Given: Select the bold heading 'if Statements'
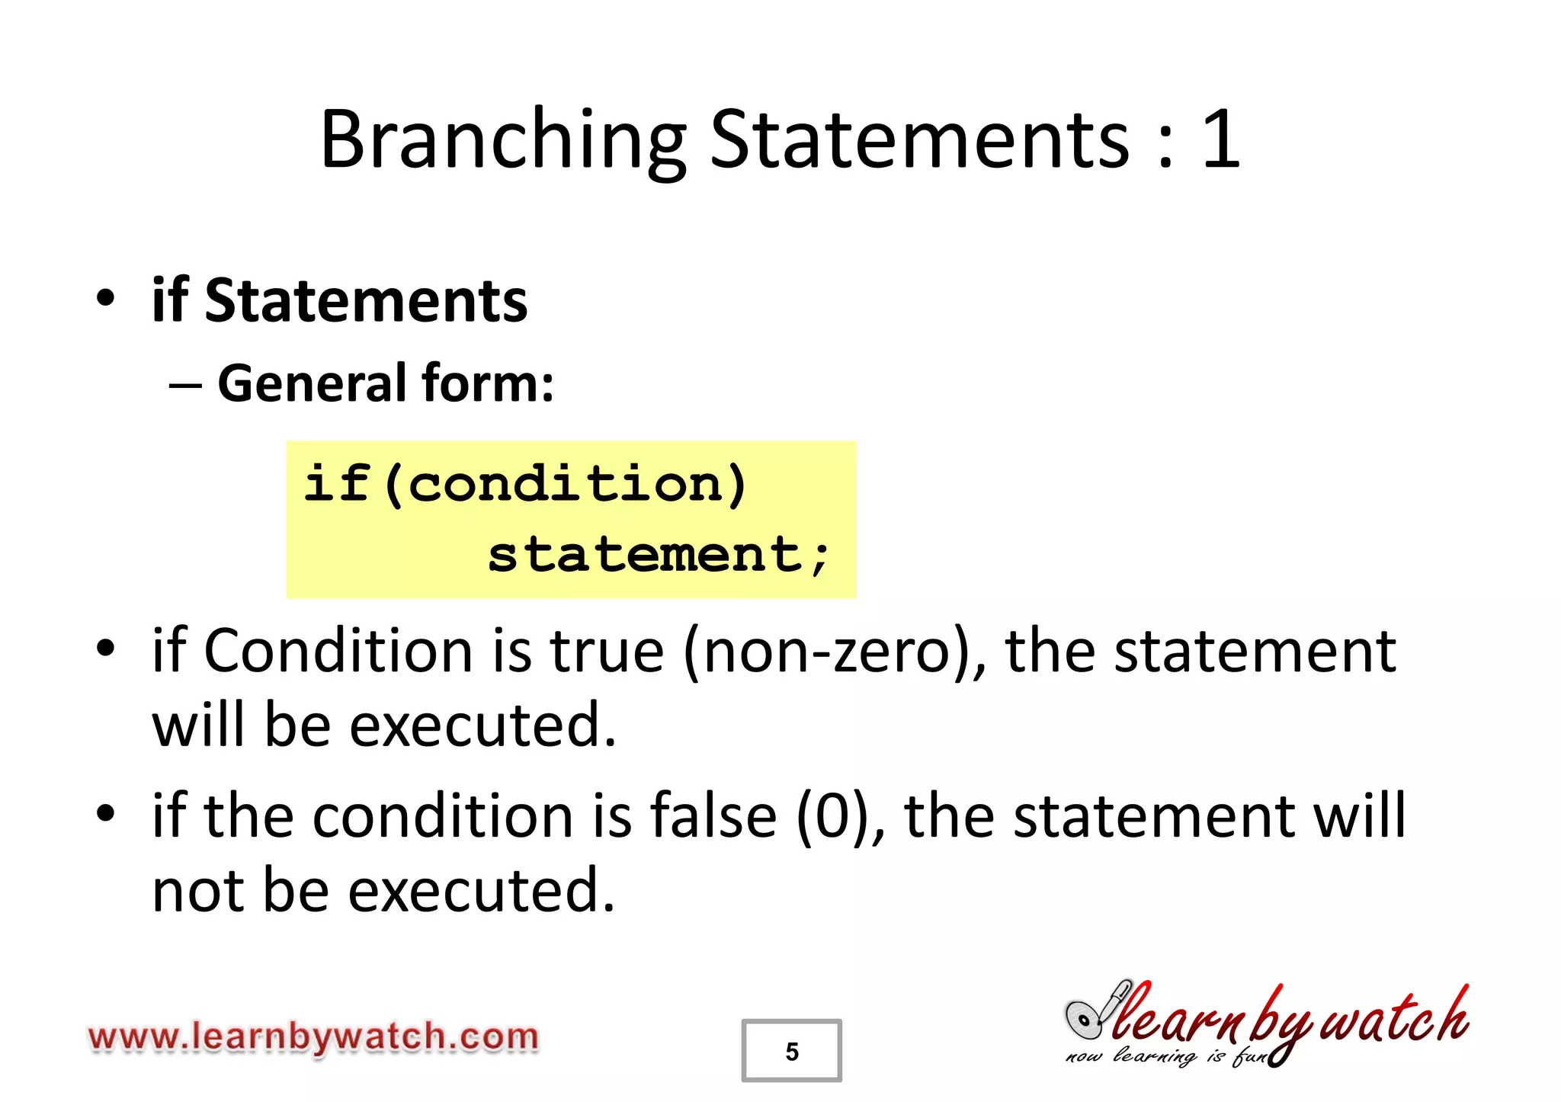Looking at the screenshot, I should (339, 301).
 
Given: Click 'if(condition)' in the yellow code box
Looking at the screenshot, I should (526, 484).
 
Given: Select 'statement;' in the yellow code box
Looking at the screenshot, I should (659, 554).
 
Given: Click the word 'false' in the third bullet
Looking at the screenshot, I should (713, 816).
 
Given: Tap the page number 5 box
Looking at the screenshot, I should (791, 1051).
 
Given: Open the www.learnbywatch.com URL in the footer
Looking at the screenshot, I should (313, 1037).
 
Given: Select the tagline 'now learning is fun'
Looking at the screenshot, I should (1166, 1057).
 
